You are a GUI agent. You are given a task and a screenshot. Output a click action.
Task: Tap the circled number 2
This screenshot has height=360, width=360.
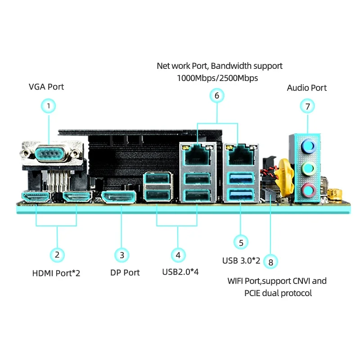point(57,255)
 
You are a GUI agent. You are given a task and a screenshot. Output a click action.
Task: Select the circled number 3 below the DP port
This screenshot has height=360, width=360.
point(122,255)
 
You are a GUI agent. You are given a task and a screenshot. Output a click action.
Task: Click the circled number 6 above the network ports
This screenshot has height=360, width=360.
point(216,95)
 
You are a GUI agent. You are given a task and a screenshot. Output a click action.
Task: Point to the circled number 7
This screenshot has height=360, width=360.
point(307,107)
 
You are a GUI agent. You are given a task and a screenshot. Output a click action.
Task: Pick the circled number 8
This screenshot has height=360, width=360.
point(270,261)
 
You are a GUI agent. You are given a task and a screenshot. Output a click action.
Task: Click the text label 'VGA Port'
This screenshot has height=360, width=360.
point(46,87)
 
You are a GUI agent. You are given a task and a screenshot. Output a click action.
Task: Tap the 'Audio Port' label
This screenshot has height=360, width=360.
point(307,88)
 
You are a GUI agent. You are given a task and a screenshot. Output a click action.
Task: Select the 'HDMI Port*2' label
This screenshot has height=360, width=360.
point(56,273)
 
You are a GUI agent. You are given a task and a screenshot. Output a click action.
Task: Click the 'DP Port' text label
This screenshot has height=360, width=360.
point(125,273)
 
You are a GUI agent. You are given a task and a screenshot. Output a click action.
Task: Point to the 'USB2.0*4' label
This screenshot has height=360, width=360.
point(180,272)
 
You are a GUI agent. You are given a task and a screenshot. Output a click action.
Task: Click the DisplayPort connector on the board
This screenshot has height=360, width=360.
point(118,197)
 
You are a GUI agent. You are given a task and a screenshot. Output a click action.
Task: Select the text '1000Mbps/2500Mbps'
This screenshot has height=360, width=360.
point(218,78)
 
